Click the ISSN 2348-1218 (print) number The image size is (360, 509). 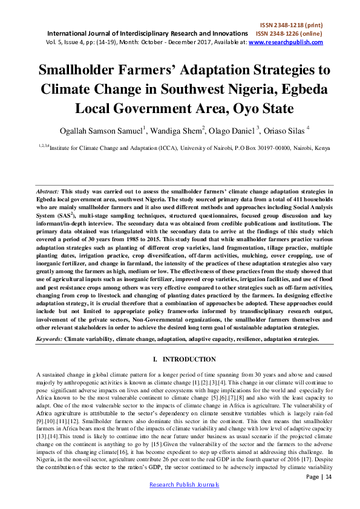coord(296,24)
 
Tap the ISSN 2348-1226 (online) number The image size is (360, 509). coord(289,33)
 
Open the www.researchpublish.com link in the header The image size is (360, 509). coord(286,42)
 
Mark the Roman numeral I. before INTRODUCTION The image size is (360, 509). coord(156,360)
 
